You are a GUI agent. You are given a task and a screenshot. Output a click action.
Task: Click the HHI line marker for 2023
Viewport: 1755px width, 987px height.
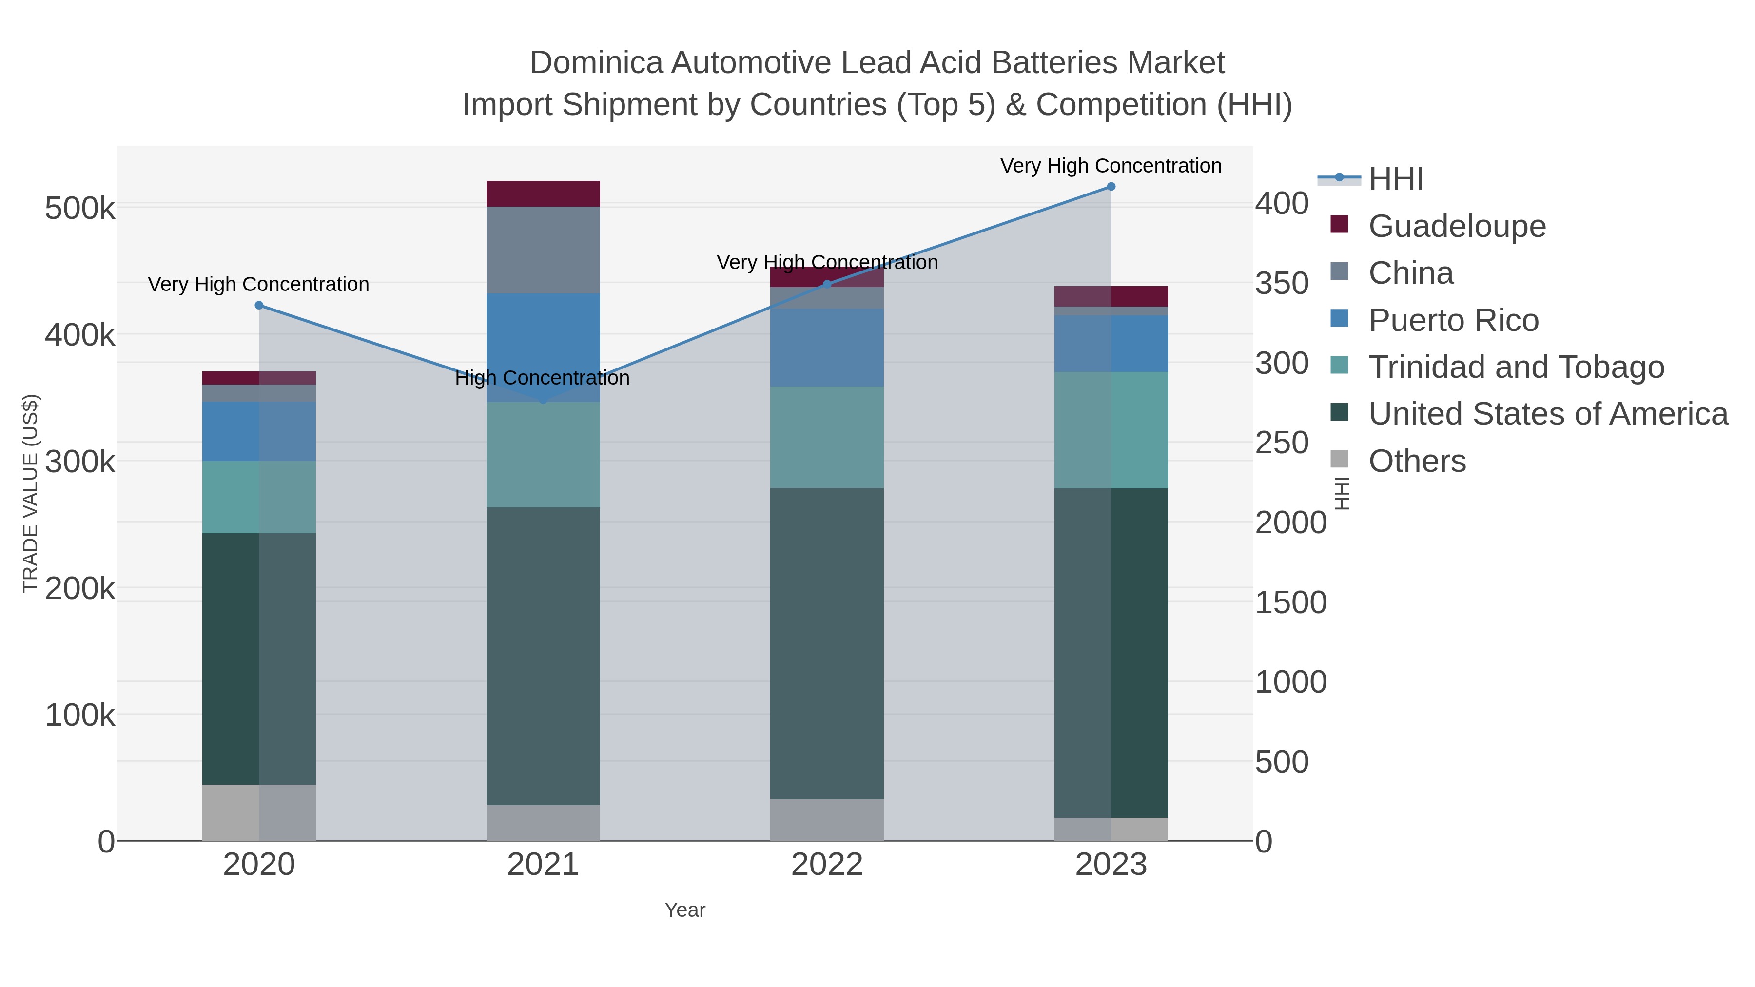(1111, 187)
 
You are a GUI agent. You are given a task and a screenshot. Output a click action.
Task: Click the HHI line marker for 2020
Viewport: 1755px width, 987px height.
(259, 305)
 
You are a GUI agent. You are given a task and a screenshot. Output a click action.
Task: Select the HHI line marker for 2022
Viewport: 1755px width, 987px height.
(826, 284)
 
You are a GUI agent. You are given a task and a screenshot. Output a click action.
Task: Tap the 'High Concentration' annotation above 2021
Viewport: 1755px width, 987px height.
(542, 378)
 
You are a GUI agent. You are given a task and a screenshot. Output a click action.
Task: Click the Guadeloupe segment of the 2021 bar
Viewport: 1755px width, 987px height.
(543, 194)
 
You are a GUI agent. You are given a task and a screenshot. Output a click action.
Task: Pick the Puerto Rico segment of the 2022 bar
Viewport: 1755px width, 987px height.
(826, 348)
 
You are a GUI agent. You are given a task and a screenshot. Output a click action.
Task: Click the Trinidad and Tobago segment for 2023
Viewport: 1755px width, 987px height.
(1111, 430)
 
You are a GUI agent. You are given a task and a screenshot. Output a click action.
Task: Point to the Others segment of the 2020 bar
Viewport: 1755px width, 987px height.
(259, 812)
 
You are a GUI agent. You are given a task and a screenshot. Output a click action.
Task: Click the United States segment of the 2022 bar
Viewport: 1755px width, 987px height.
(826, 643)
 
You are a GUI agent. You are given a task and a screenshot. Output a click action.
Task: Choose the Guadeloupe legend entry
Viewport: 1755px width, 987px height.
(1457, 226)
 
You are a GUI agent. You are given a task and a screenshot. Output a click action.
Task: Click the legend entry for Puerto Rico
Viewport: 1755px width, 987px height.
(1453, 320)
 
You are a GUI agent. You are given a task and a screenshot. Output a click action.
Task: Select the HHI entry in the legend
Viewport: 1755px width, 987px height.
(1395, 179)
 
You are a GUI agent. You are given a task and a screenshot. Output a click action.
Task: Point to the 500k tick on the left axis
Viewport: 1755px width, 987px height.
(80, 209)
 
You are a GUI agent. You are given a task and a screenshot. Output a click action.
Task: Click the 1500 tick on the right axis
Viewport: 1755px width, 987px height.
(1290, 602)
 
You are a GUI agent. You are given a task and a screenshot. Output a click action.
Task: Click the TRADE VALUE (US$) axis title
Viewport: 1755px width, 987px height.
(31, 493)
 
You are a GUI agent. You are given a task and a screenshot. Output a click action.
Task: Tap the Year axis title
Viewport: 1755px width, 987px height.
(685, 910)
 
